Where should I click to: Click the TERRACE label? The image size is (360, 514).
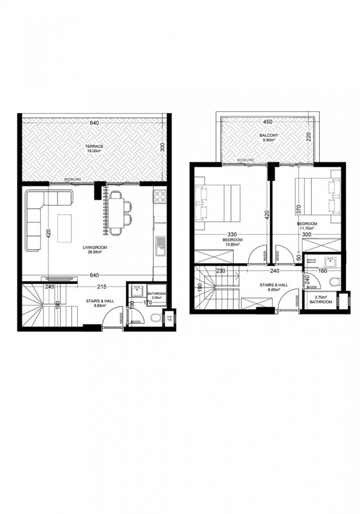[94, 146]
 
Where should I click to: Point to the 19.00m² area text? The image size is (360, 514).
[94, 151]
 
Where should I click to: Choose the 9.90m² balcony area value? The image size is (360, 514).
[267, 140]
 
